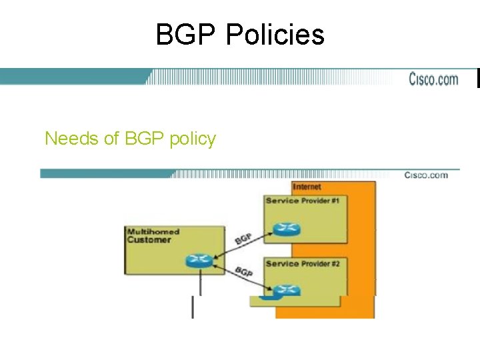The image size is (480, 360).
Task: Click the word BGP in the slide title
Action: point(187,35)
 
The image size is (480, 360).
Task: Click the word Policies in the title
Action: point(275,35)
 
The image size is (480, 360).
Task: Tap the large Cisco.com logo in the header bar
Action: point(433,79)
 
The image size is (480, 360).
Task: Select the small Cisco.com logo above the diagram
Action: point(426,175)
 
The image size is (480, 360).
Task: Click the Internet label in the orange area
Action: point(307,187)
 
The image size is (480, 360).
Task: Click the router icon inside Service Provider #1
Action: point(287,229)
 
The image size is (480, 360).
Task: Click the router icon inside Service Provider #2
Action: point(287,290)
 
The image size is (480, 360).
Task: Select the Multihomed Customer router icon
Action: point(199,261)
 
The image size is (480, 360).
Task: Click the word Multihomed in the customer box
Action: point(153,231)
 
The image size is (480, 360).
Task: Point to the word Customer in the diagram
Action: point(149,240)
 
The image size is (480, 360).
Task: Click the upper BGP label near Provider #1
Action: point(243,238)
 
